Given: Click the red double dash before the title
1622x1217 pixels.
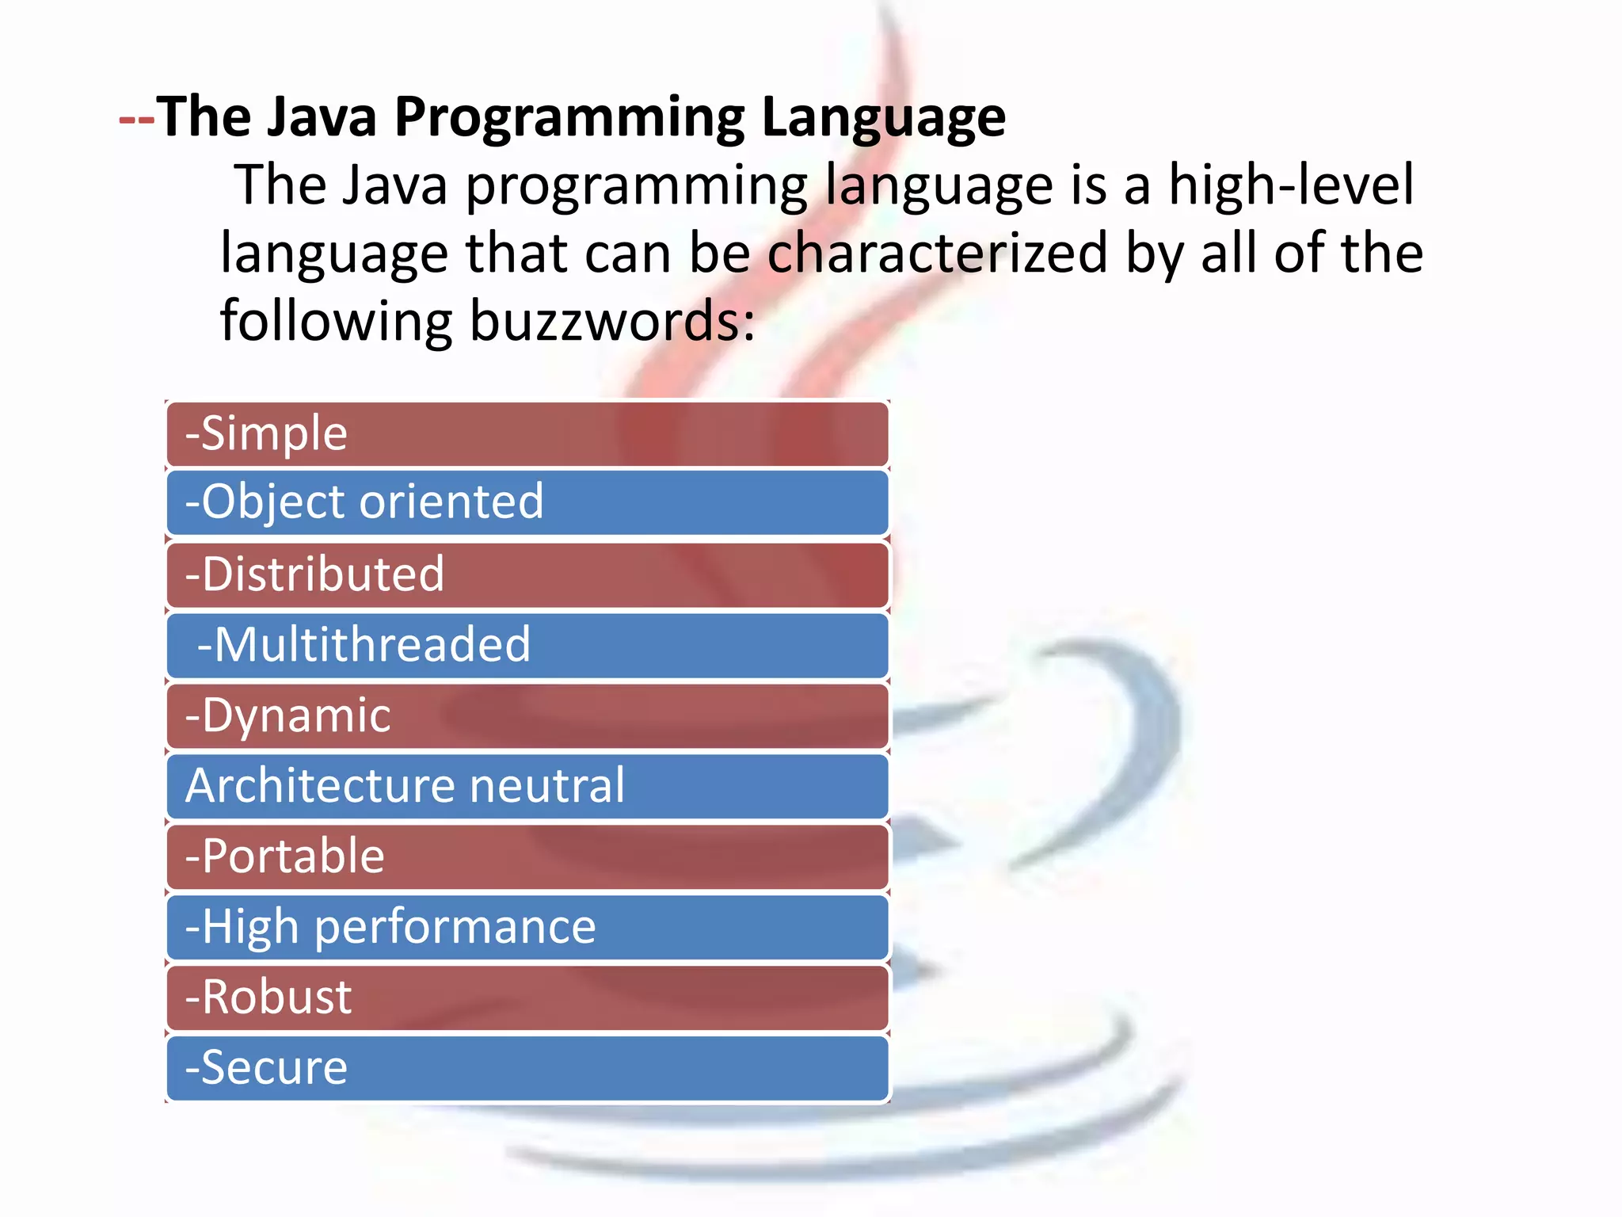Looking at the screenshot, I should (x=136, y=119).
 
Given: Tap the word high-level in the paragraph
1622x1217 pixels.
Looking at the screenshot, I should (x=1290, y=185).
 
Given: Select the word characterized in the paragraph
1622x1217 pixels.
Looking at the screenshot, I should (x=937, y=254).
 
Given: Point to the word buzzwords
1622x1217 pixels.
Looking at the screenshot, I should (x=611, y=322).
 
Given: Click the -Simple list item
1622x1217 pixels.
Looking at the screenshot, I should (x=527, y=434).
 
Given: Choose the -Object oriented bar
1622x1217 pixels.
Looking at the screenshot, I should (x=527, y=503).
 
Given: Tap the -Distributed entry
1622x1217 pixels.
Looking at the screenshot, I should (x=527, y=574).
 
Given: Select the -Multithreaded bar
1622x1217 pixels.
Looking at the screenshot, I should (x=527, y=645).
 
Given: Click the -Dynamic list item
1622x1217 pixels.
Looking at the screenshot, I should (x=527, y=715).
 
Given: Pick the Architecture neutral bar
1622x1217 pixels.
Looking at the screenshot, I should (x=527, y=786).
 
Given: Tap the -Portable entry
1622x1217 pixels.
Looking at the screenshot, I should (x=527, y=856).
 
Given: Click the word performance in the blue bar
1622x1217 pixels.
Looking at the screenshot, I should (x=455, y=927).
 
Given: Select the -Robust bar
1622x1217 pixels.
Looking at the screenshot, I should (x=527, y=998).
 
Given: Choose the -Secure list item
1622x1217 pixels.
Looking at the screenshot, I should (x=527, y=1068).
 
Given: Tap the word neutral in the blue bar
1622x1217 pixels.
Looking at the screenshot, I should (x=546, y=786).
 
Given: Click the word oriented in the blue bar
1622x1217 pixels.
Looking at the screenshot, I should (x=451, y=502).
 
